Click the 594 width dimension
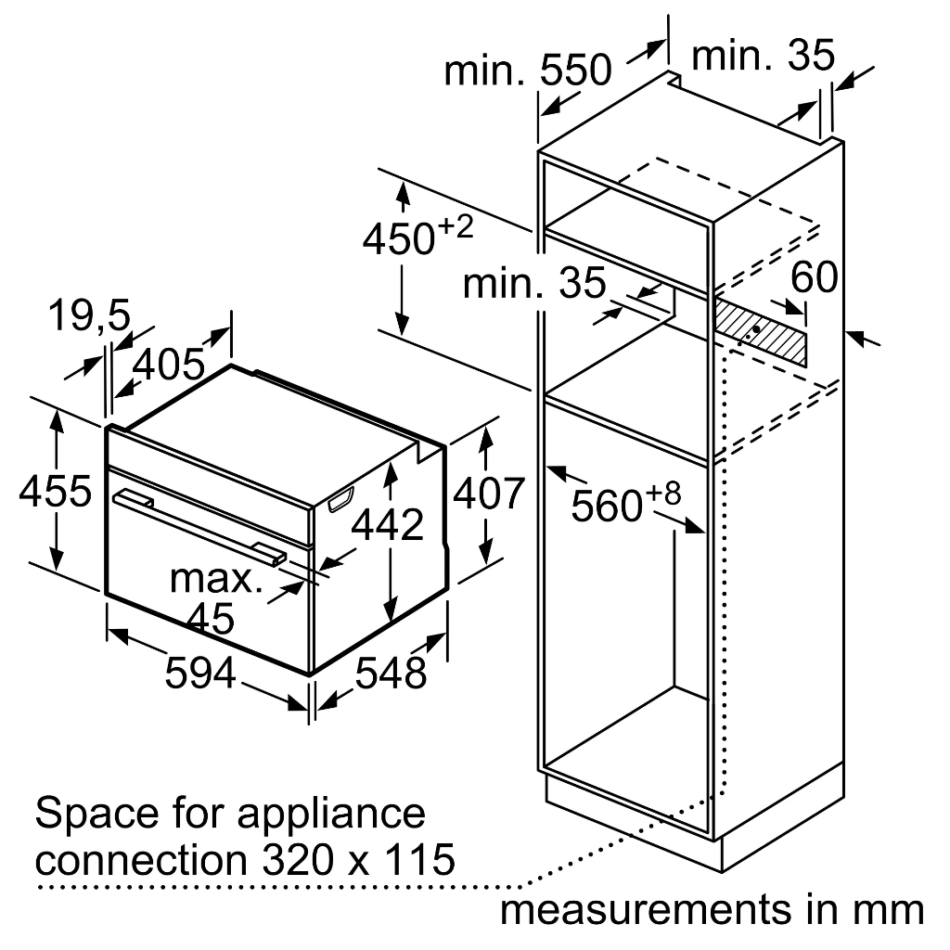[200, 674]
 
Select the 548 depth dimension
[391, 674]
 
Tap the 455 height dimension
[56, 491]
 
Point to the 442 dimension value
[388, 525]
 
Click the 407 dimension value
[489, 494]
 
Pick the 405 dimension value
[169, 365]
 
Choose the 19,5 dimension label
[89, 315]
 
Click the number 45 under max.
[211, 619]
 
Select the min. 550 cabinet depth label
[528, 70]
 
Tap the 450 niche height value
[399, 238]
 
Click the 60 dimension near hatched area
[815, 277]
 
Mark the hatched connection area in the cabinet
[761, 331]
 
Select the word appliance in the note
[331, 815]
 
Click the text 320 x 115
[358, 859]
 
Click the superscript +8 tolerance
[663, 494]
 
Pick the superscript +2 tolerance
[456, 228]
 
